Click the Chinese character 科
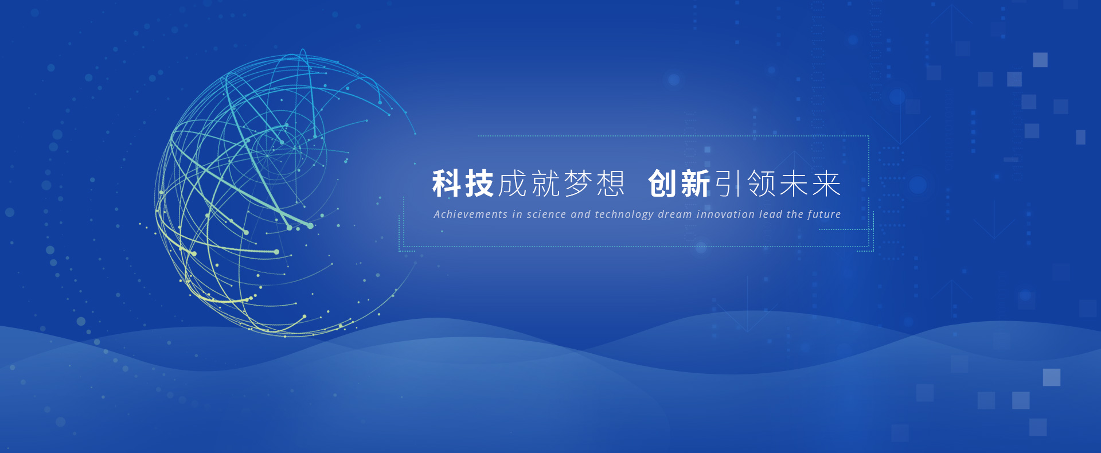(x=447, y=183)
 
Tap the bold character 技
(x=479, y=183)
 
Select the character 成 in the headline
(x=512, y=183)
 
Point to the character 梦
(x=577, y=183)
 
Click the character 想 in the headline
(x=610, y=183)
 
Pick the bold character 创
(x=663, y=183)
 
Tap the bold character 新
(x=696, y=183)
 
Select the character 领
(x=762, y=183)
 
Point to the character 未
(x=794, y=183)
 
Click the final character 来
(x=826, y=183)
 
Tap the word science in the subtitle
(x=546, y=214)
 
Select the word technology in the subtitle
(x=624, y=215)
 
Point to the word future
(x=824, y=214)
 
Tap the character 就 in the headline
(x=545, y=183)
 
